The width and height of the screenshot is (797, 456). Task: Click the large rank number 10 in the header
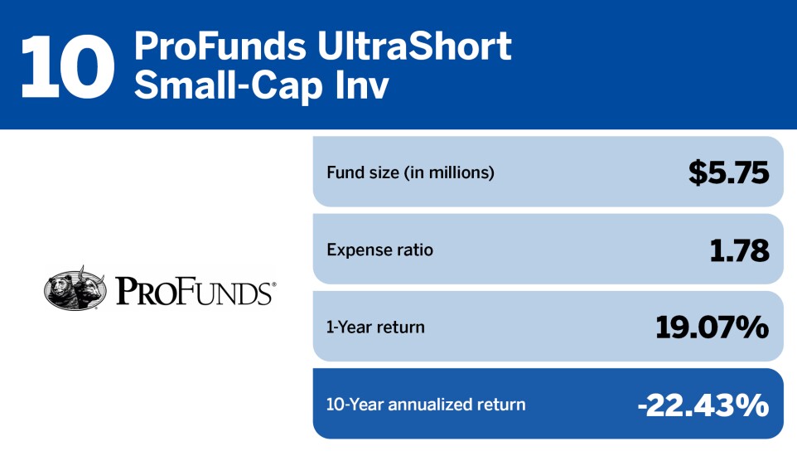(66, 65)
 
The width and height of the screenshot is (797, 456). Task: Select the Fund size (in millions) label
(410, 172)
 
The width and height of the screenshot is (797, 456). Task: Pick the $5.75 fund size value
(729, 172)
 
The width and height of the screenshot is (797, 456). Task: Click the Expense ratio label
(379, 250)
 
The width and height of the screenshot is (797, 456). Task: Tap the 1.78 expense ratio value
(739, 250)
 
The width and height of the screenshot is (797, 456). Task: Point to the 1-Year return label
(375, 327)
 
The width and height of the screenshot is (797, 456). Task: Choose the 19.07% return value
(712, 327)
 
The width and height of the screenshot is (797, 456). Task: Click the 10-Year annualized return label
(426, 405)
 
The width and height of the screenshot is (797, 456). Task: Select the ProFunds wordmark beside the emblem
(193, 291)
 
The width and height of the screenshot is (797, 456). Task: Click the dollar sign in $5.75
(698, 172)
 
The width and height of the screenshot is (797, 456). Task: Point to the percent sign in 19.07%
(754, 327)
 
